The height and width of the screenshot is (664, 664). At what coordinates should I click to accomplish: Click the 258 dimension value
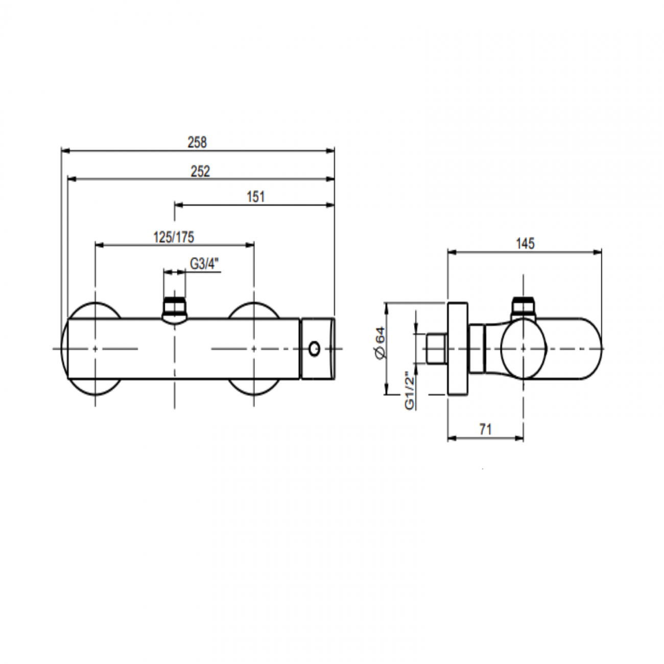(x=197, y=143)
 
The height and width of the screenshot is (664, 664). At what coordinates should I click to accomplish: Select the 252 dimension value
(x=200, y=171)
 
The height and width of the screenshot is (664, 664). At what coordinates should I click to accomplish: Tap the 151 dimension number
(x=256, y=197)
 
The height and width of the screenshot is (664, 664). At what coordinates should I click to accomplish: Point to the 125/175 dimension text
(x=174, y=236)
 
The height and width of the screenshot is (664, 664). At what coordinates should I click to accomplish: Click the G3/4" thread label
(x=205, y=264)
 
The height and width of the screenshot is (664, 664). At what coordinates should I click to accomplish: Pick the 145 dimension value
(x=525, y=244)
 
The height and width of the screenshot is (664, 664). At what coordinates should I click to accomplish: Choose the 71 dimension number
(x=486, y=430)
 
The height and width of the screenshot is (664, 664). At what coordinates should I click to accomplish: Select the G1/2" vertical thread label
(x=409, y=390)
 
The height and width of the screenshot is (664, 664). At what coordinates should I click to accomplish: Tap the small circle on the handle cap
(x=314, y=349)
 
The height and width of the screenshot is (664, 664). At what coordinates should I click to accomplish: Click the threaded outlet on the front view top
(x=175, y=308)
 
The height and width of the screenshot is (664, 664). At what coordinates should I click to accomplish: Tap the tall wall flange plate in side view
(x=457, y=349)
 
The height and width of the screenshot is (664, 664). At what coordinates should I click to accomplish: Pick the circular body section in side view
(x=523, y=349)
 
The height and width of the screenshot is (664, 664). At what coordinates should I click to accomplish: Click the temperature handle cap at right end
(x=318, y=349)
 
